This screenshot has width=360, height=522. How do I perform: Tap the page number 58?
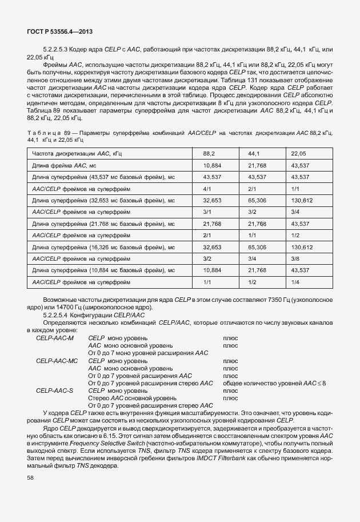click(30, 478)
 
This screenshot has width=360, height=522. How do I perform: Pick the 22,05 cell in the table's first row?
click(298, 154)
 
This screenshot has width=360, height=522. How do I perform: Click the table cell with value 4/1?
click(207, 188)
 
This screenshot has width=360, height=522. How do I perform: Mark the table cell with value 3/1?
click(207, 212)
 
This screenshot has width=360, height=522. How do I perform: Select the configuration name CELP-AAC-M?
click(55, 338)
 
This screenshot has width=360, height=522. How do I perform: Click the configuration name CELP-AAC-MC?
click(57, 361)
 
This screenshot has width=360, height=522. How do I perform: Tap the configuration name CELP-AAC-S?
click(54, 390)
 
